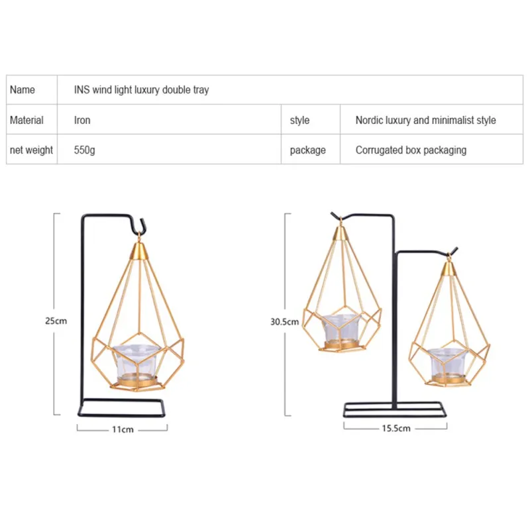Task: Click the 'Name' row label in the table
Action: point(23,89)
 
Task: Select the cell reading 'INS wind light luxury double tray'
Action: point(141,90)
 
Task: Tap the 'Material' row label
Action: point(26,120)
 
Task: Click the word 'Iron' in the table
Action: point(82,120)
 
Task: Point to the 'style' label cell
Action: point(299,121)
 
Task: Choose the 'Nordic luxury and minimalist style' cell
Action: point(425,121)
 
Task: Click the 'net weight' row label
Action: point(31,150)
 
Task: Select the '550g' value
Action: point(85,150)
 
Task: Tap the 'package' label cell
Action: point(307,150)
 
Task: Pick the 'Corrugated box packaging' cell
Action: point(411,150)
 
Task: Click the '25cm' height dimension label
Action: point(56,321)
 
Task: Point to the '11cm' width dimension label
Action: point(123,429)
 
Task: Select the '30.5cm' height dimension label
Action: point(285,321)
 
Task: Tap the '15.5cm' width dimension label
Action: point(396,428)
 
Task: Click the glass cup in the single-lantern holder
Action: point(136,362)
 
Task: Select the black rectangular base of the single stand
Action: point(122,407)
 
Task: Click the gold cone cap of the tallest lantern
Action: point(341,233)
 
